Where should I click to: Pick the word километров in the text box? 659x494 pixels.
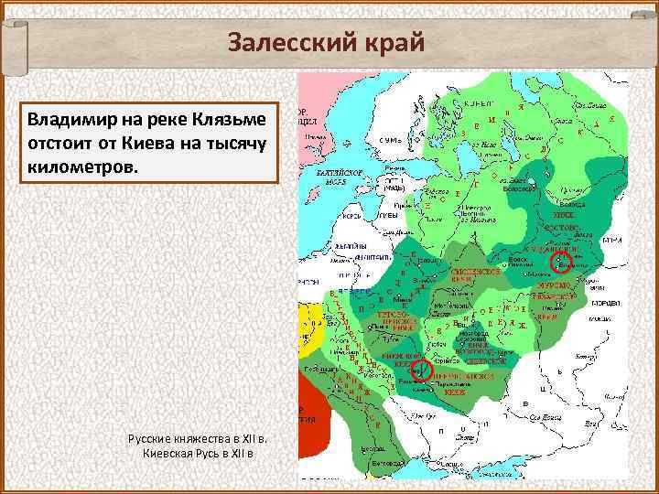(x=81, y=169)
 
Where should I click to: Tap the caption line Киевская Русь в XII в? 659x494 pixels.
(x=199, y=455)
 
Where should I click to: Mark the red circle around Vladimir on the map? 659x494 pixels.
(x=560, y=263)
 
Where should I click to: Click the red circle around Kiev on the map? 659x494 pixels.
(x=421, y=370)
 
